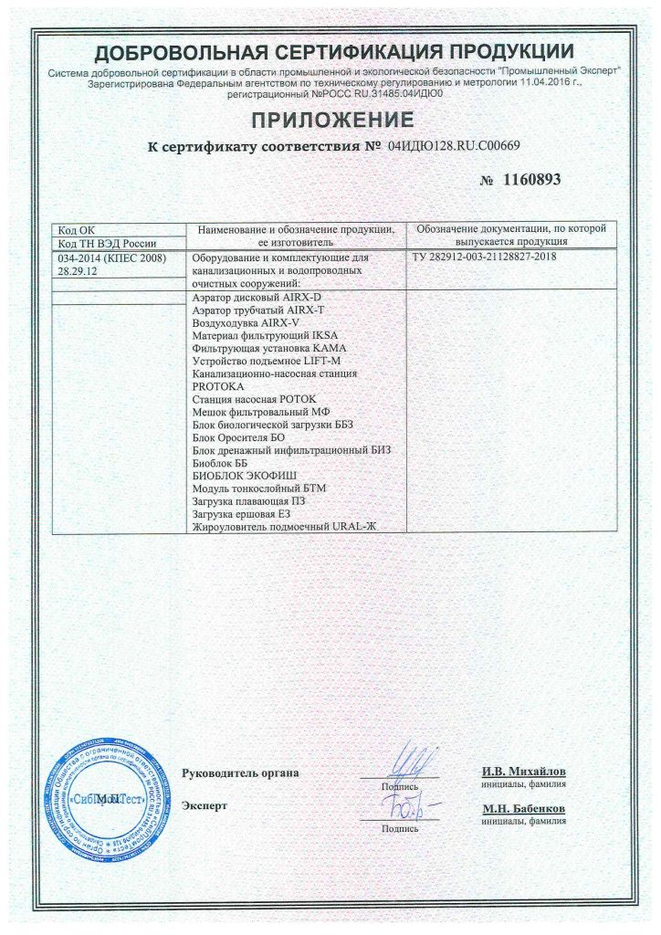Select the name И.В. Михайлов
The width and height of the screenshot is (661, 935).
point(523,772)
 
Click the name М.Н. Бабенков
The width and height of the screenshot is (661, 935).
point(523,809)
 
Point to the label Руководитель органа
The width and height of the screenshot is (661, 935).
point(241,773)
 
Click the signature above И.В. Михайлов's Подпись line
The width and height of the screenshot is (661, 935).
point(400,763)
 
